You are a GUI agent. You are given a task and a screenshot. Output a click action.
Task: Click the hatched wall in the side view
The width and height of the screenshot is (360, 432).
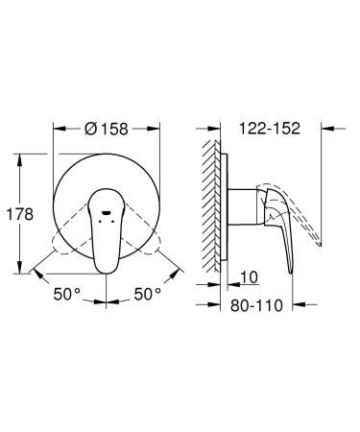(x=209, y=202)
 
